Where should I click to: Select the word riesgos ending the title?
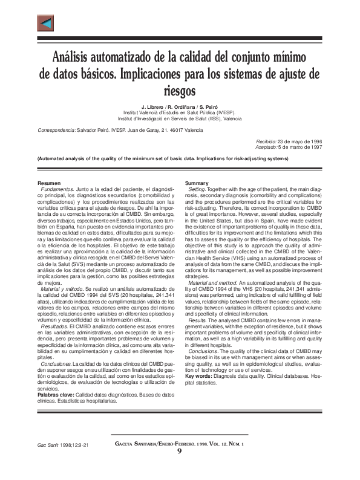point(180,91)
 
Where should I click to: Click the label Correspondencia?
point(56,130)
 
